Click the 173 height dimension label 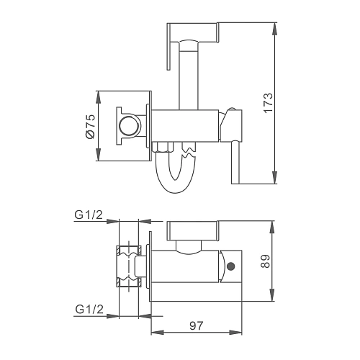pos(269,103)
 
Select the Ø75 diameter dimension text pos(90,126)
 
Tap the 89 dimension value pos(265,261)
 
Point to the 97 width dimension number pos(196,325)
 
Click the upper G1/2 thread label pos(89,215)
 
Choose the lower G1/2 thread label pos(89,309)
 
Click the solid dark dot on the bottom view pos(231,266)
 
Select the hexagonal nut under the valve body pos(163,147)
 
